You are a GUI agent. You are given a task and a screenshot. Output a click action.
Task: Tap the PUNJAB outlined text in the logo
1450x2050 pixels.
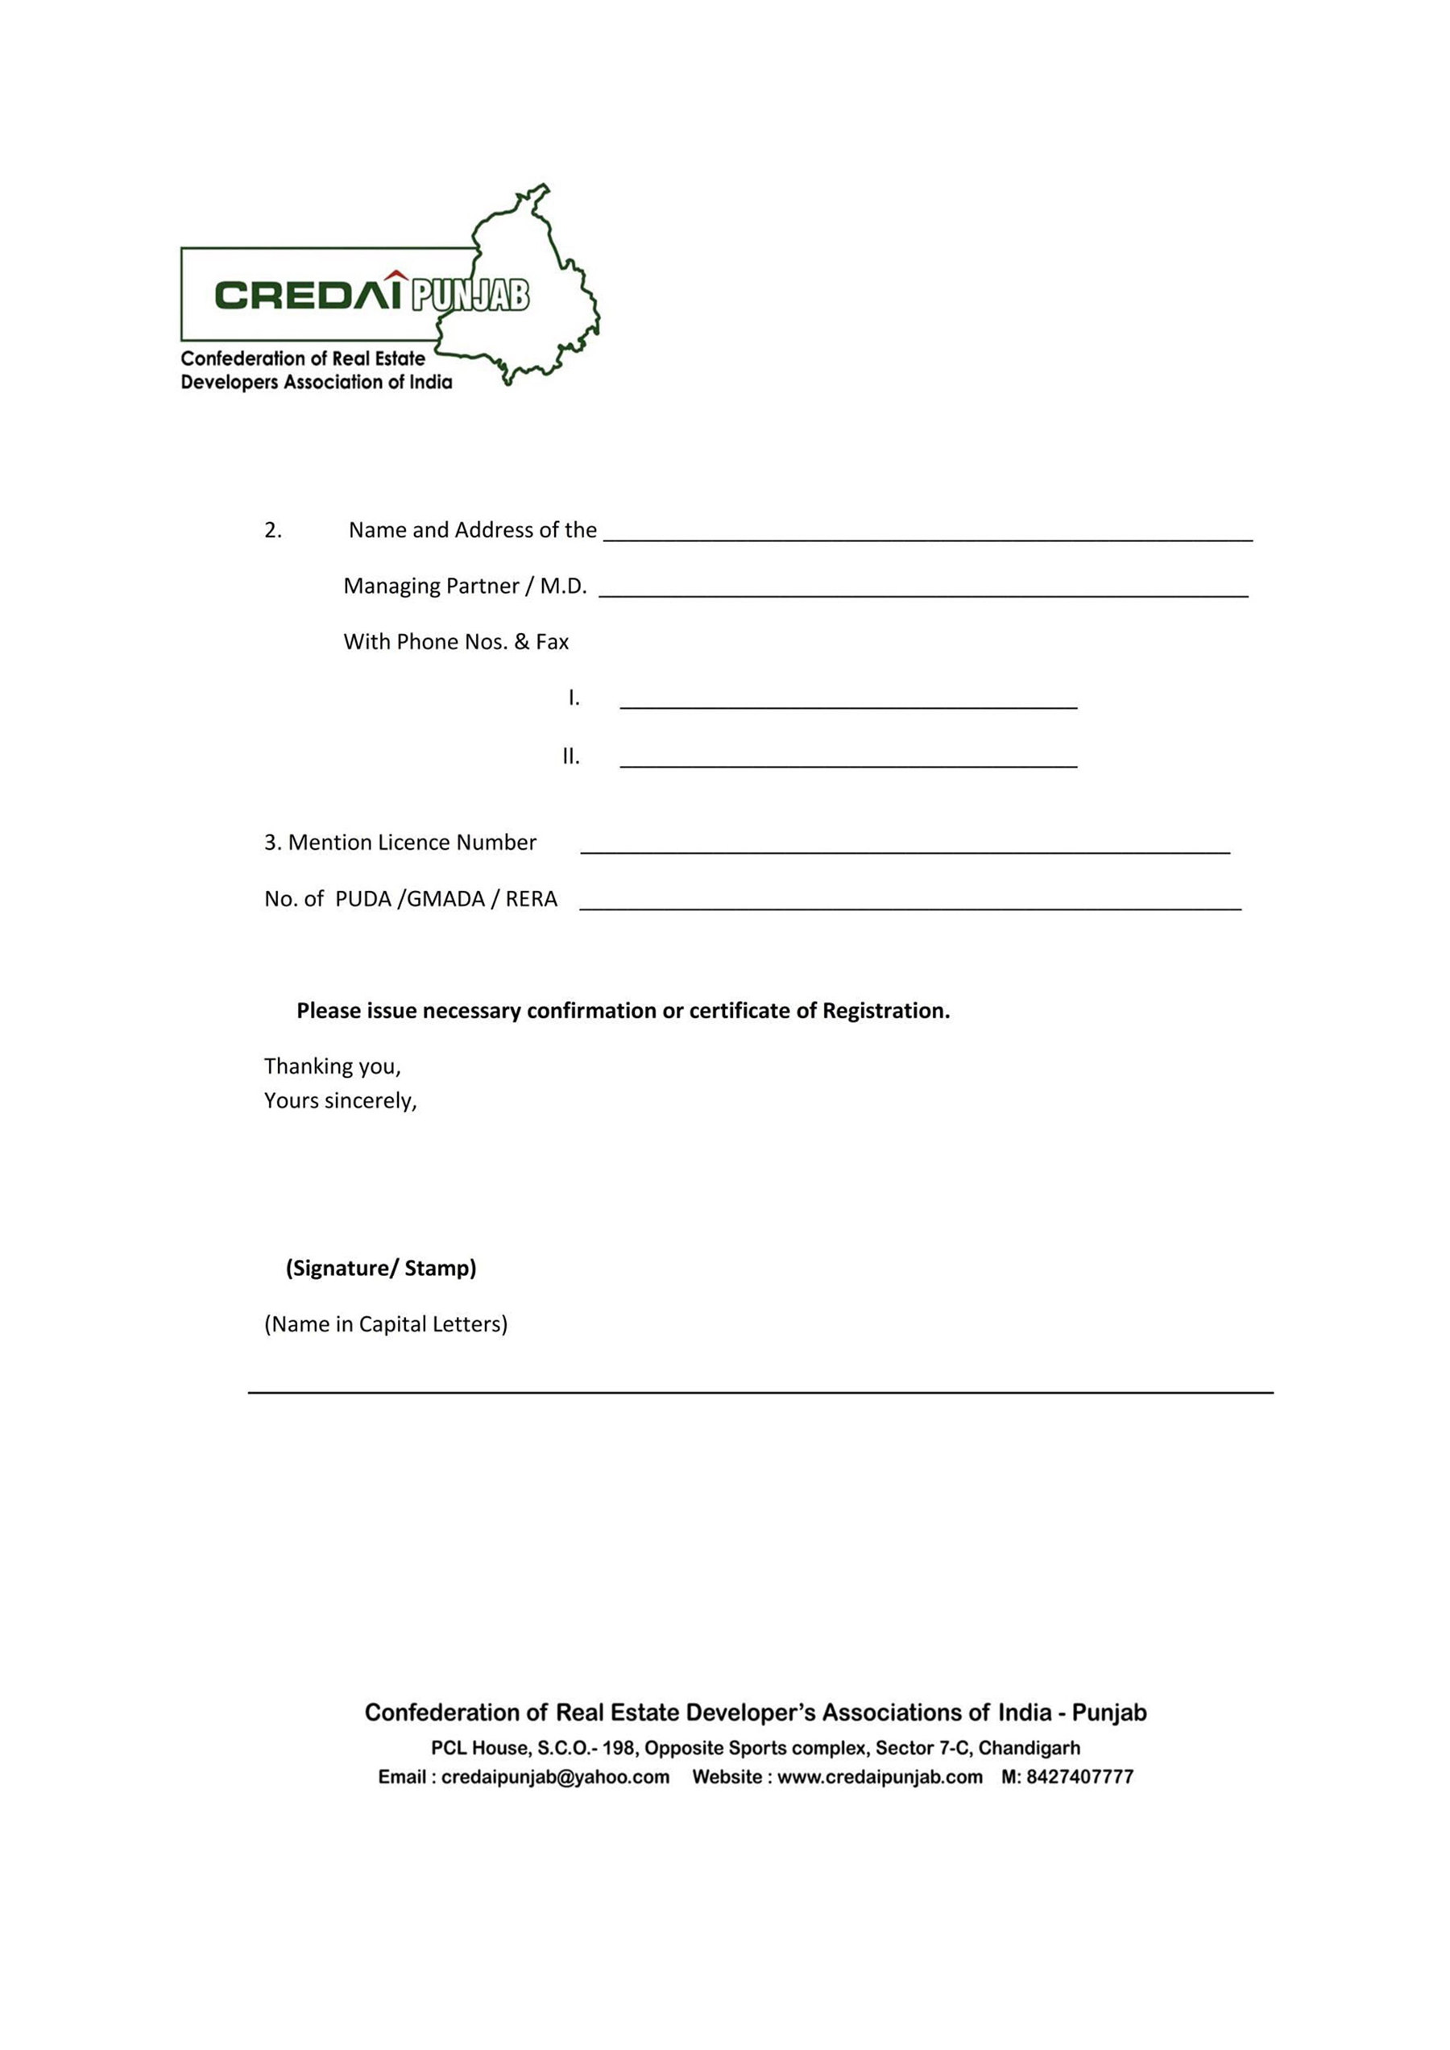click(470, 296)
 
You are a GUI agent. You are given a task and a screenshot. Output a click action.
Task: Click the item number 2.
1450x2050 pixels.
click(272, 530)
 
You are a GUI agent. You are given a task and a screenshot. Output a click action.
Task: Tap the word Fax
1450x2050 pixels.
click(552, 642)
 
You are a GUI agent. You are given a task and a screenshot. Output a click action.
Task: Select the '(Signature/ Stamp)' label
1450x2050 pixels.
click(381, 1268)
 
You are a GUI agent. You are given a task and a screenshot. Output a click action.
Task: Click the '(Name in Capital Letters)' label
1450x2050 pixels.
click(386, 1324)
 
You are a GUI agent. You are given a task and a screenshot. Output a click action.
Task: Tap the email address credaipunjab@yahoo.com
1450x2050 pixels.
click(555, 1777)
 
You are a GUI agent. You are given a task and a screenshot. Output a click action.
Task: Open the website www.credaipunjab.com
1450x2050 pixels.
click(880, 1777)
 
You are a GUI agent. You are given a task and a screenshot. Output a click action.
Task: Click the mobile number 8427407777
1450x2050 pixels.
click(1079, 1777)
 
